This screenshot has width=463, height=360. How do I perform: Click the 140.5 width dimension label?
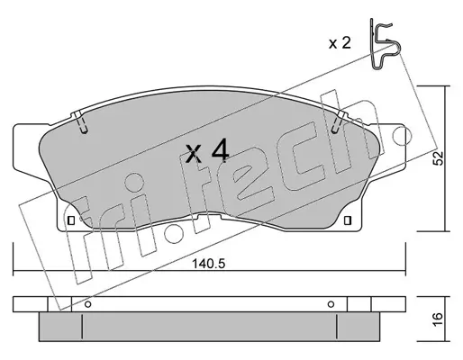click(208, 264)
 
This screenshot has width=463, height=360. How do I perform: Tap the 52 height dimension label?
click(438, 158)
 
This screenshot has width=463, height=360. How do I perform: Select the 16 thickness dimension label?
click(438, 319)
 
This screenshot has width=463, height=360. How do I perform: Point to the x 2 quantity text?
click(340, 43)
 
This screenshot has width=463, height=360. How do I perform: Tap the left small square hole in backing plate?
click(71, 220)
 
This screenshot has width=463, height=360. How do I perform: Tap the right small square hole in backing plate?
click(347, 220)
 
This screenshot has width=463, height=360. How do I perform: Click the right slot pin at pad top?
click(339, 122)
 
